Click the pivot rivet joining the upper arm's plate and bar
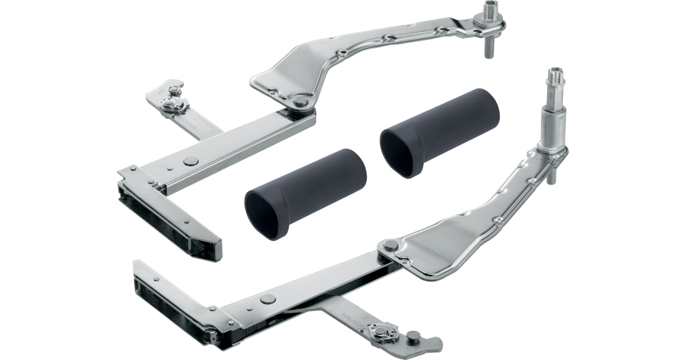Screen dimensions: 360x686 (300, 102)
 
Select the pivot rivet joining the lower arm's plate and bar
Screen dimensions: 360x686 (390, 246)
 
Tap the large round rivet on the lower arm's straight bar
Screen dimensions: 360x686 (267, 298)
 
